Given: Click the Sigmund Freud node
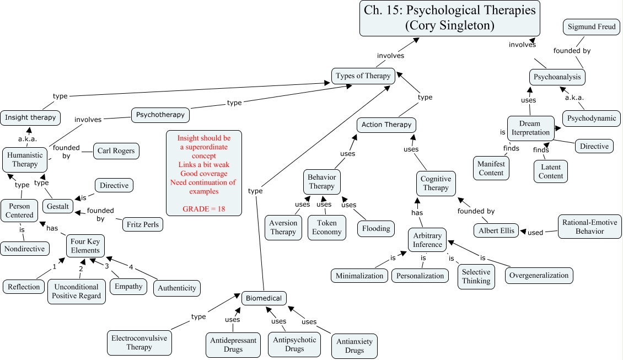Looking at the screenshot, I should pos(592,26).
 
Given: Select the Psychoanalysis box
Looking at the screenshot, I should pos(556,77).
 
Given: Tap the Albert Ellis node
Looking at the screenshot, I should pos(496,230).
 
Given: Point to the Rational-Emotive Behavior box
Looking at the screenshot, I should pos(589,227).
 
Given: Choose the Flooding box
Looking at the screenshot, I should pos(377,228).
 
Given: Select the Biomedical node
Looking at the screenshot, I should pos(264,298).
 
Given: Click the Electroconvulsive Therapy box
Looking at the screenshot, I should pos(139,342).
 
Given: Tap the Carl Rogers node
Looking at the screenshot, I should pos(116,151).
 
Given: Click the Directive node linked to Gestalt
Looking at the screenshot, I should pos(114,186).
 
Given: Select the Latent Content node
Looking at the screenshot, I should pos(551,171).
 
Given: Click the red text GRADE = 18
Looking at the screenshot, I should pos(204,209).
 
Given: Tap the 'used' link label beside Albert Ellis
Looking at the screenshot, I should pos(535,232).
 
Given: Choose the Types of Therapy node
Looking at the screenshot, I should pos(363,76).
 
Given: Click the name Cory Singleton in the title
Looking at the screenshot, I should pos(449,25).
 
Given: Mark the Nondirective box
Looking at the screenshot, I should pos(24,249).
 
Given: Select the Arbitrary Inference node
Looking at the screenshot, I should pos(427,240).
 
